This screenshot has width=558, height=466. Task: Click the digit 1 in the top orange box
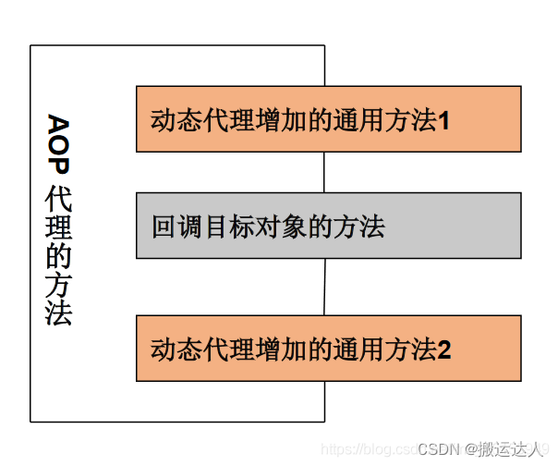tap(443, 120)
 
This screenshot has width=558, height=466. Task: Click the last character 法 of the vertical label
tap(58, 313)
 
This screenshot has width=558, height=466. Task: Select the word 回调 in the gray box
tap(175, 226)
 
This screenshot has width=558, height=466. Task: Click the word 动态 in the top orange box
tap(175, 120)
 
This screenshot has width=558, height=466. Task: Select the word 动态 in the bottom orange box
tap(175, 349)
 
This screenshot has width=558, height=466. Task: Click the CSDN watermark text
tap(439, 448)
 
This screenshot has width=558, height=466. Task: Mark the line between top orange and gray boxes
tap(324, 172)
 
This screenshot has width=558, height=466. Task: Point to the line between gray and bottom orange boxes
tap(324, 287)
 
